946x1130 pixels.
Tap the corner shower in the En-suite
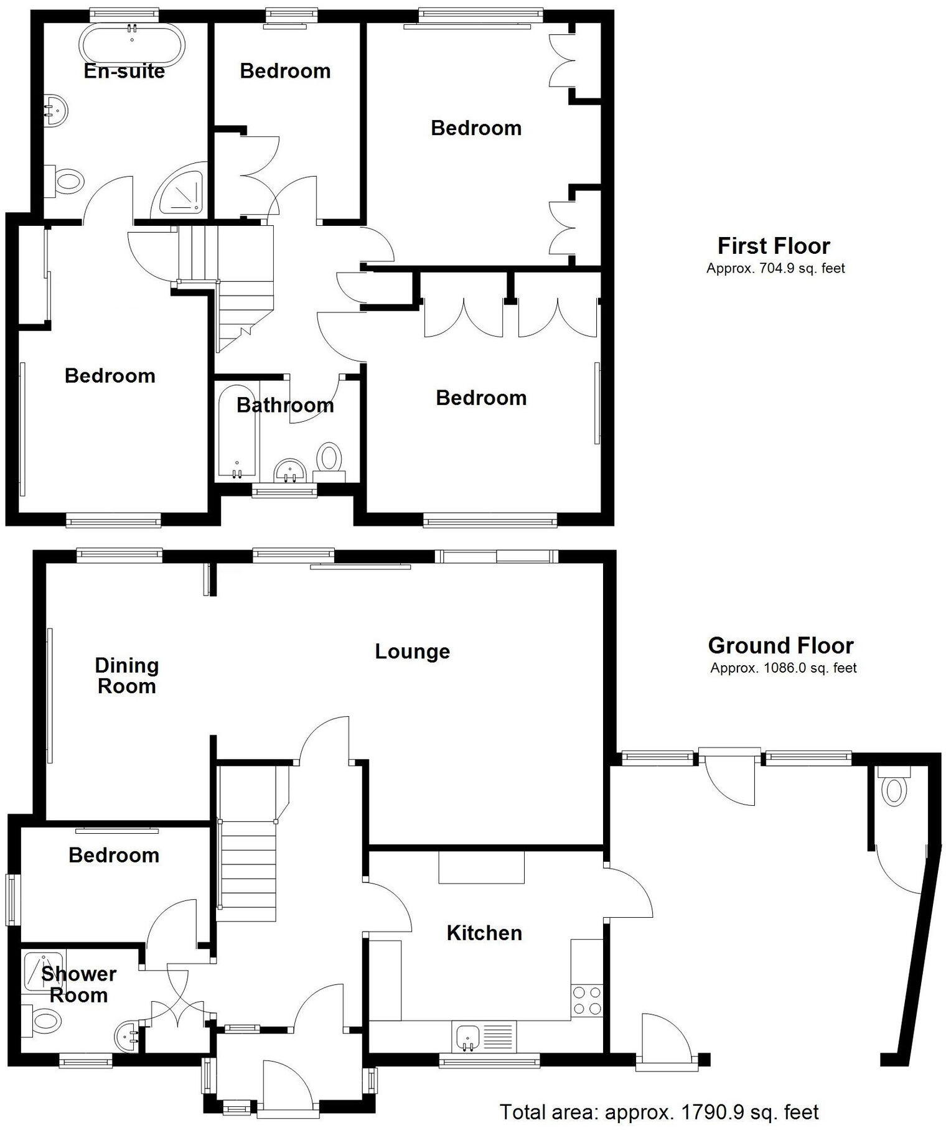tap(181, 192)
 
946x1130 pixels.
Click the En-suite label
tap(124, 71)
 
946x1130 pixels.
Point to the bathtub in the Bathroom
tap(236, 434)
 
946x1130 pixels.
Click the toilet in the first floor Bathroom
tap(329, 460)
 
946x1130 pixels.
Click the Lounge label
tap(412, 651)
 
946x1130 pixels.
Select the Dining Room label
tap(127, 676)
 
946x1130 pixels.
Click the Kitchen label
tap(484, 933)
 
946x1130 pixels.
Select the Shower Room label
tap(78, 984)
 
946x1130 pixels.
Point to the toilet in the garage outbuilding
tap(894, 790)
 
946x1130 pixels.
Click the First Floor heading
tap(774, 246)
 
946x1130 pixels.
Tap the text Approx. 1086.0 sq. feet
tap(784, 668)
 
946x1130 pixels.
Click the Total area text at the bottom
tap(659, 1111)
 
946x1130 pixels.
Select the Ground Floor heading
tap(780, 645)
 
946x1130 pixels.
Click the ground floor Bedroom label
tap(114, 855)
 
